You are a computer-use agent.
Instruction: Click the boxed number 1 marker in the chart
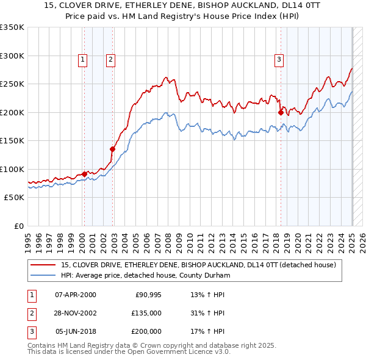pyautogui.click(x=82, y=59)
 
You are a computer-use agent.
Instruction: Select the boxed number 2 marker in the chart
pyautogui.click(x=110, y=59)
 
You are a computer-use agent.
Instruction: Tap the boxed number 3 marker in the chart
pyautogui.click(x=278, y=59)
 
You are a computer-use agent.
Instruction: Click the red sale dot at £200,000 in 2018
pyautogui.click(x=281, y=112)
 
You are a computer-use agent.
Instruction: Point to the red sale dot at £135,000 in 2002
pyautogui.click(x=113, y=149)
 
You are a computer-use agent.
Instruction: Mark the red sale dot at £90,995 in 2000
pyautogui.click(x=84, y=174)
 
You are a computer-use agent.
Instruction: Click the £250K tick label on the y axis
pyautogui.click(x=12, y=84)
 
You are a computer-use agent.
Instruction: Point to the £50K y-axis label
pyautogui.click(x=15, y=197)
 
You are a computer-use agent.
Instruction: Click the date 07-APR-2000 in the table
pyautogui.click(x=75, y=295)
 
